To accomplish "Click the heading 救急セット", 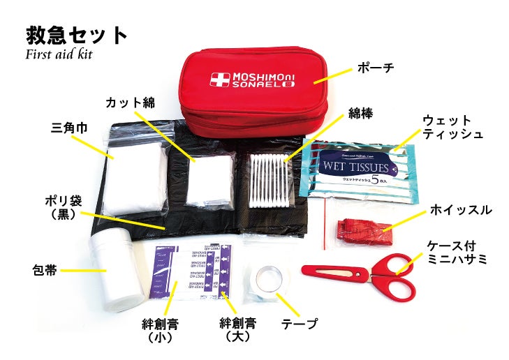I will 76,34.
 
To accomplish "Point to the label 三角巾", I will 68,129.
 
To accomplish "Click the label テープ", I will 299,324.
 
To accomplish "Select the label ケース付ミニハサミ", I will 458,252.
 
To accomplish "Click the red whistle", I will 357,227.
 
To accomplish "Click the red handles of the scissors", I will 394,276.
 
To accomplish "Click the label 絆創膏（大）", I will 237,329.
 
